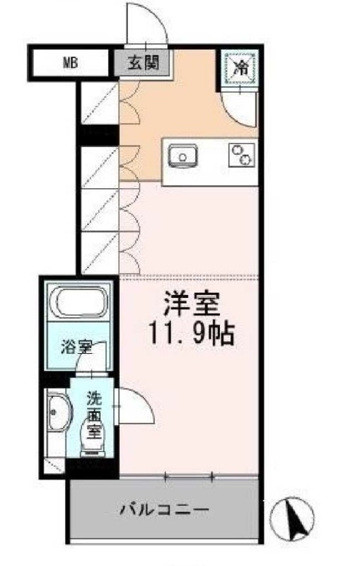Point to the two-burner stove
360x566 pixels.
(241, 154)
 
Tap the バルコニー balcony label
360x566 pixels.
(163, 509)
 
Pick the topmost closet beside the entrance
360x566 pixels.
(98, 102)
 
